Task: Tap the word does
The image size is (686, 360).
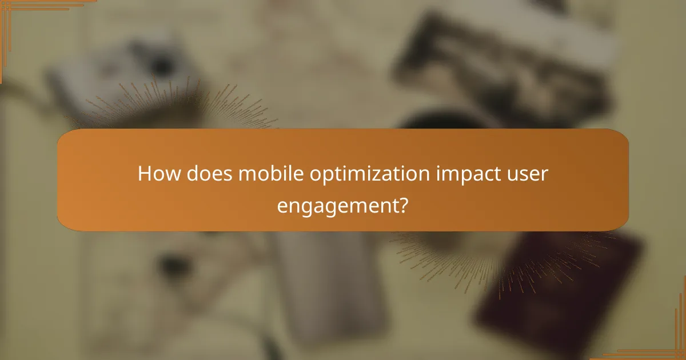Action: click(x=204, y=174)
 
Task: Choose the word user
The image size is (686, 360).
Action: click(x=529, y=174)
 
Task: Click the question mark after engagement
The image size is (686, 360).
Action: click(x=403, y=204)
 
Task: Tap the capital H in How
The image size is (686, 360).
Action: click(x=145, y=174)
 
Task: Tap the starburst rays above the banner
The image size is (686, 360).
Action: click(x=171, y=106)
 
